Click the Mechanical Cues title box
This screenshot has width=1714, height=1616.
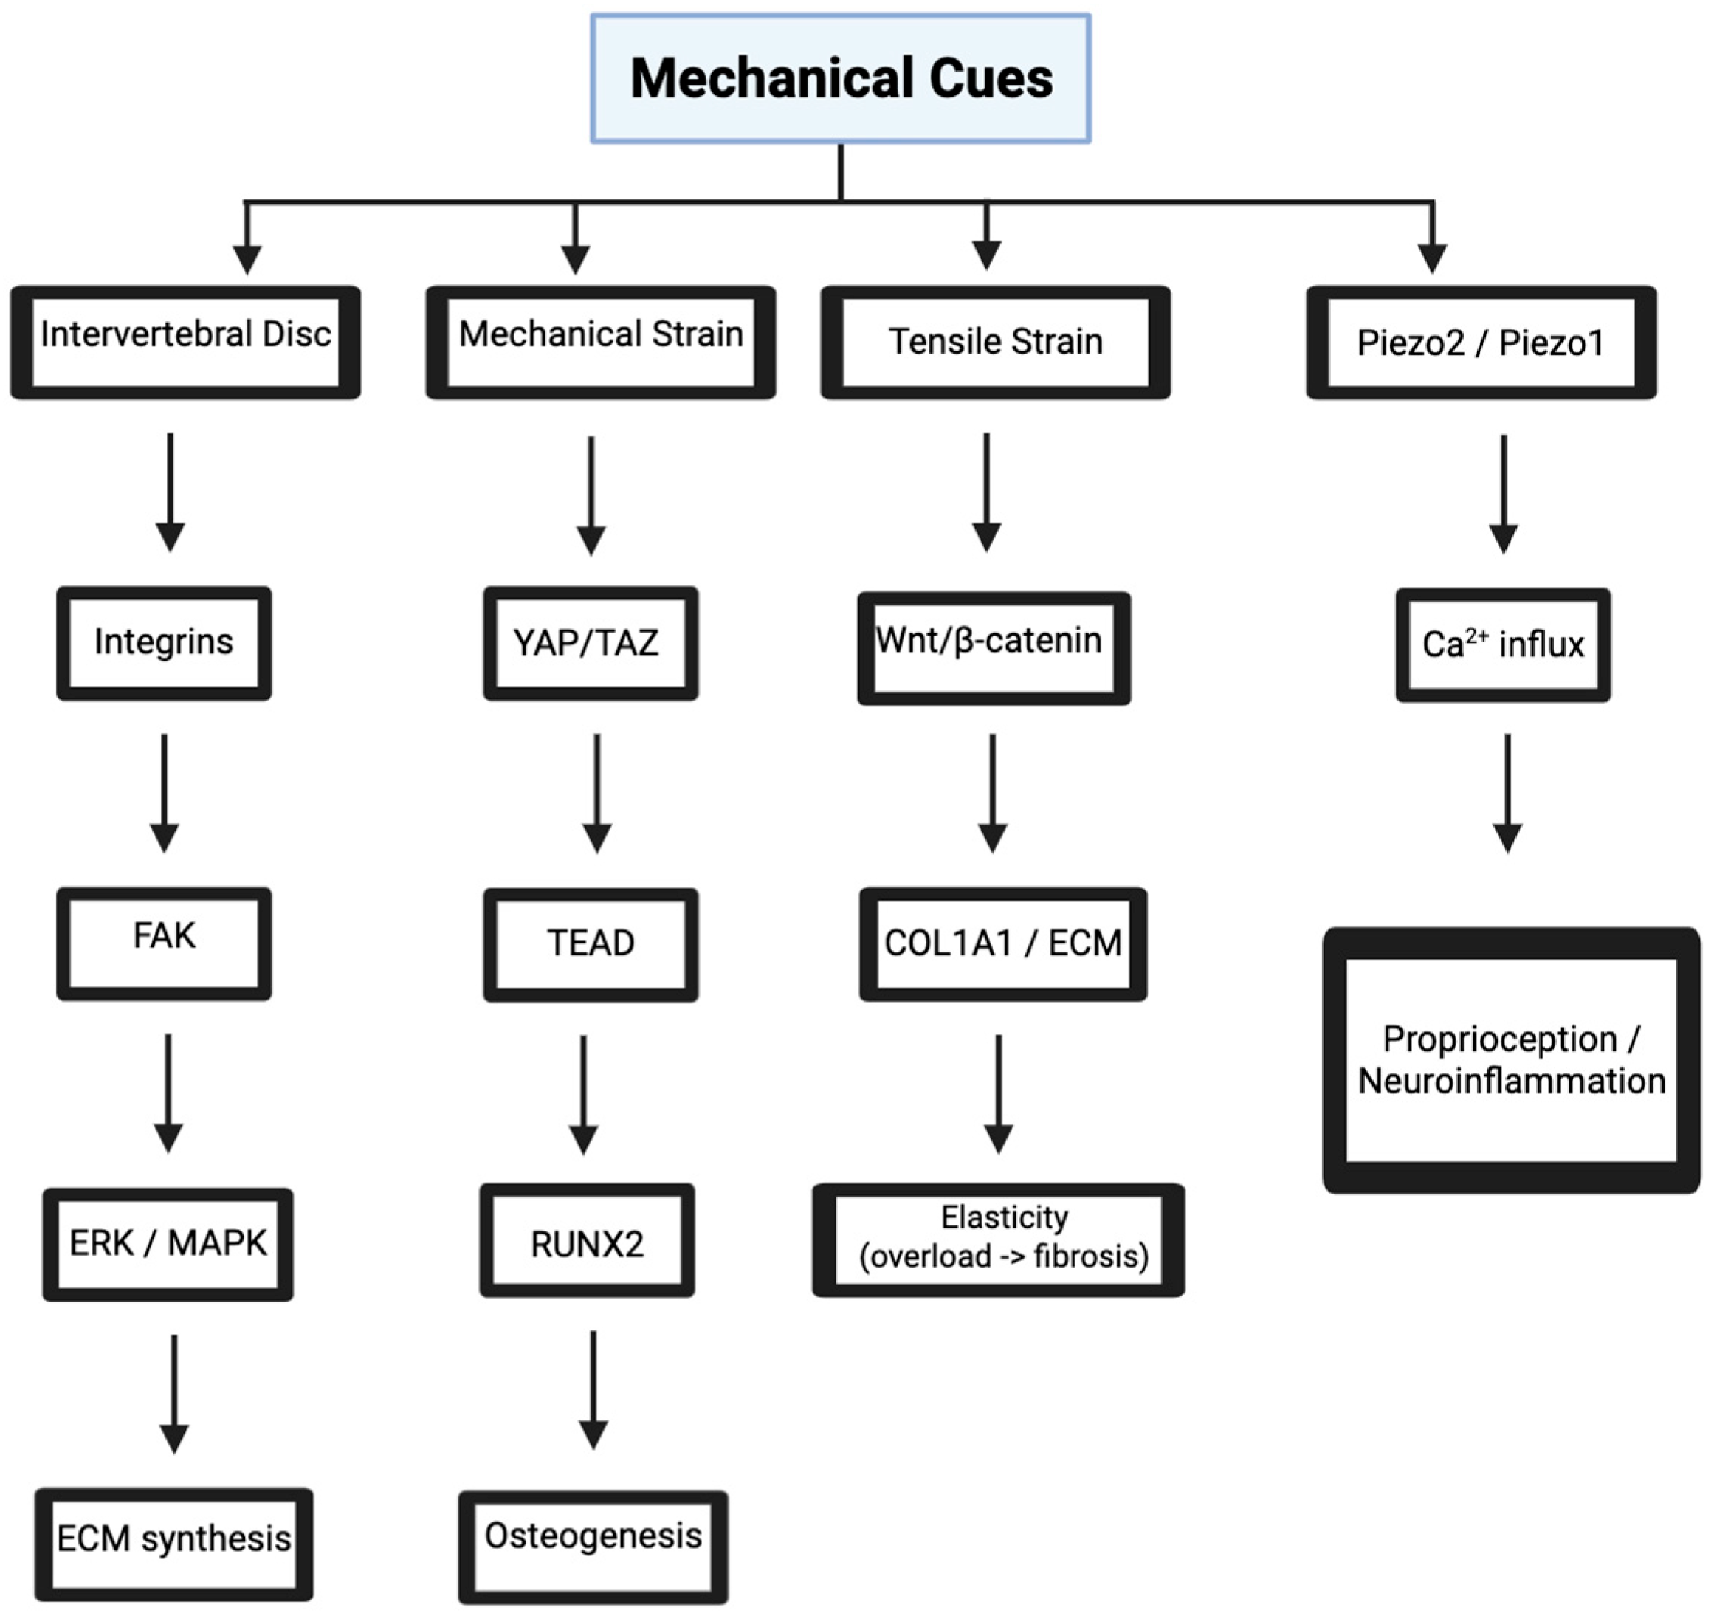pyautogui.click(x=841, y=78)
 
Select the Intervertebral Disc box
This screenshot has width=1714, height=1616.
pyautogui.click(x=185, y=343)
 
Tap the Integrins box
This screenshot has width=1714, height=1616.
pyautogui.click(x=164, y=642)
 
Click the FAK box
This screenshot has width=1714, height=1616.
pyautogui.click(x=164, y=943)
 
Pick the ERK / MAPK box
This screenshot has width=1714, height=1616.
pyautogui.click(x=168, y=1243)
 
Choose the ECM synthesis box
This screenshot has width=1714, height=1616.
pyautogui.click(x=174, y=1544)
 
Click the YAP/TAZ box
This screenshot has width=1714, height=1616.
pyautogui.click(x=591, y=642)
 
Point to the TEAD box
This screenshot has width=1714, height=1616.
pyautogui.click(x=591, y=943)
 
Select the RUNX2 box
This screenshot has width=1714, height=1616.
pyautogui.click(x=587, y=1243)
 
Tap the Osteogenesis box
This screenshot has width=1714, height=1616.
pyautogui.click(x=593, y=1546)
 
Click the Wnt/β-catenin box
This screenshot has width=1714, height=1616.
pyautogui.click(x=994, y=647)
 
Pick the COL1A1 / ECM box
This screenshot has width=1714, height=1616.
pyautogui.click(x=1002, y=943)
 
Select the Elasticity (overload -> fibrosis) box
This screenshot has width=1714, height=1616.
pyautogui.click(x=999, y=1240)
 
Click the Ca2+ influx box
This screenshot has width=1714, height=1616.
pyautogui.click(x=1503, y=644)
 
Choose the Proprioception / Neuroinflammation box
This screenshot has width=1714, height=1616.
pyautogui.click(x=1512, y=1060)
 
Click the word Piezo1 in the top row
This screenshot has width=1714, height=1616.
pyautogui.click(x=1551, y=343)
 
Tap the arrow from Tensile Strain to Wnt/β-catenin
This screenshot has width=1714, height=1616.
pyautogui.click(x=986, y=492)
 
